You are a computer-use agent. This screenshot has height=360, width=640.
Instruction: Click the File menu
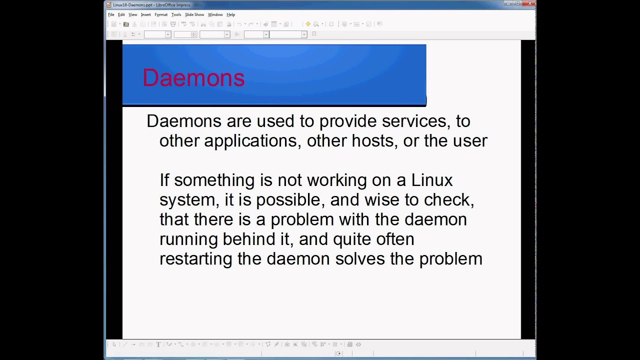tap(111, 14)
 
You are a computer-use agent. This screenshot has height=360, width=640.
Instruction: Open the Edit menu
tap(121, 14)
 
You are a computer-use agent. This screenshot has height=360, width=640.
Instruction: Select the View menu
tap(132, 14)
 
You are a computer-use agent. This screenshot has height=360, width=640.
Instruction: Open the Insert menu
tap(145, 14)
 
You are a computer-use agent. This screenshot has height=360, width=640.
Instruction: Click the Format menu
tap(161, 14)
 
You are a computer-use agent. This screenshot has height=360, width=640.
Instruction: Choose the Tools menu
tap(176, 14)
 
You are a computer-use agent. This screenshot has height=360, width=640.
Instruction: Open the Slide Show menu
tap(194, 14)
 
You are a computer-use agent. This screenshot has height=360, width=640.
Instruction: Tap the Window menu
tap(215, 14)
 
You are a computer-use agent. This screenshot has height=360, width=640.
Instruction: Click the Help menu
tap(230, 14)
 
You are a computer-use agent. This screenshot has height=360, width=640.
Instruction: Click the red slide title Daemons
tap(193, 78)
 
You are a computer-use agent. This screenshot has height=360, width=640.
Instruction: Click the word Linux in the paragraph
tap(431, 180)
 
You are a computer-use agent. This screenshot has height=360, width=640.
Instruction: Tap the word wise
tap(382, 199)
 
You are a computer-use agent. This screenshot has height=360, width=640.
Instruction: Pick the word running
tap(188, 239)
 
